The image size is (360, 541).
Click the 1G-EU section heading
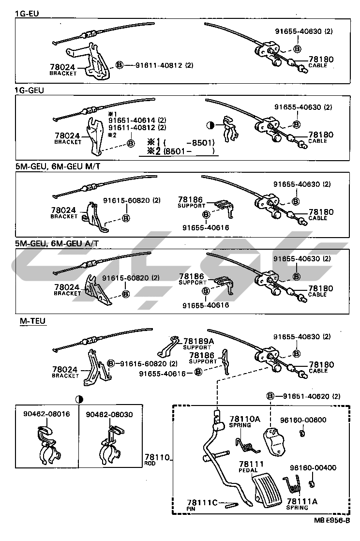pyautogui.click(x=27, y=13)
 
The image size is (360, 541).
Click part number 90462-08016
pyautogui.click(x=46, y=414)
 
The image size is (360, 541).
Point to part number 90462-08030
pyautogui.click(x=109, y=414)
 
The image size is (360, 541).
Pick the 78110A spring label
pyautogui.click(x=244, y=419)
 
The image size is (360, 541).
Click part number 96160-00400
pyautogui.click(x=313, y=468)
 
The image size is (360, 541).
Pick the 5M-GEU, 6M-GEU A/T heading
pyautogui.click(x=60, y=244)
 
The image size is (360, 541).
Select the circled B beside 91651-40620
pyautogui.click(x=270, y=396)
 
